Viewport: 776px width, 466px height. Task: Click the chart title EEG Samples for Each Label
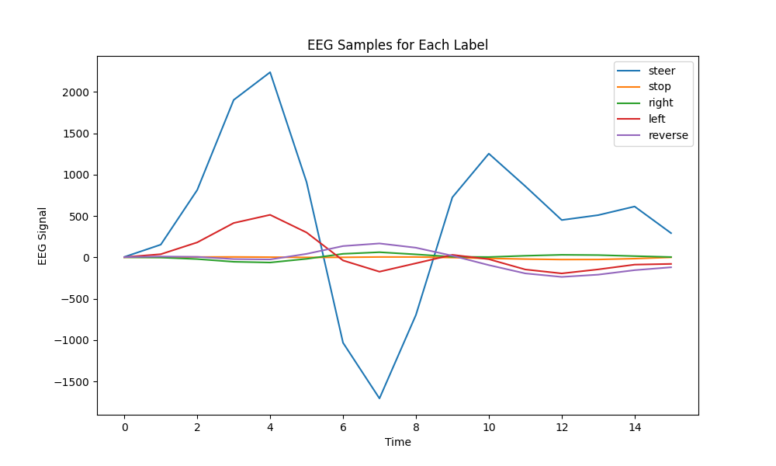pos(397,45)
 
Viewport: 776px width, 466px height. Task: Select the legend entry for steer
pos(661,71)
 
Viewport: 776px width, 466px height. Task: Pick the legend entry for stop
pos(660,87)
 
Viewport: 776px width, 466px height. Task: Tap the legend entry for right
pos(660,103)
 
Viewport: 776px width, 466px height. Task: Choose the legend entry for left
pos(656,119)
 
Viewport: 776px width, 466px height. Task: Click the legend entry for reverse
pos(668,135)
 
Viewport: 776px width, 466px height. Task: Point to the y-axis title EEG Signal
pos(43,236)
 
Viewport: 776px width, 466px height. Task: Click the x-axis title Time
pos(397,442)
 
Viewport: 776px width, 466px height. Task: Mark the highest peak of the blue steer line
pos(270,72)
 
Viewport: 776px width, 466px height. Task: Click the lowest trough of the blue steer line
pos(379,398)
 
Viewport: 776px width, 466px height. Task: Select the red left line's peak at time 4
pos(270,214)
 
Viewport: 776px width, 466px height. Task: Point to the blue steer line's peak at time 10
pos(489,154)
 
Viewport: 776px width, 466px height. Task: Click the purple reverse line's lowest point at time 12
pos(562,276)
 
